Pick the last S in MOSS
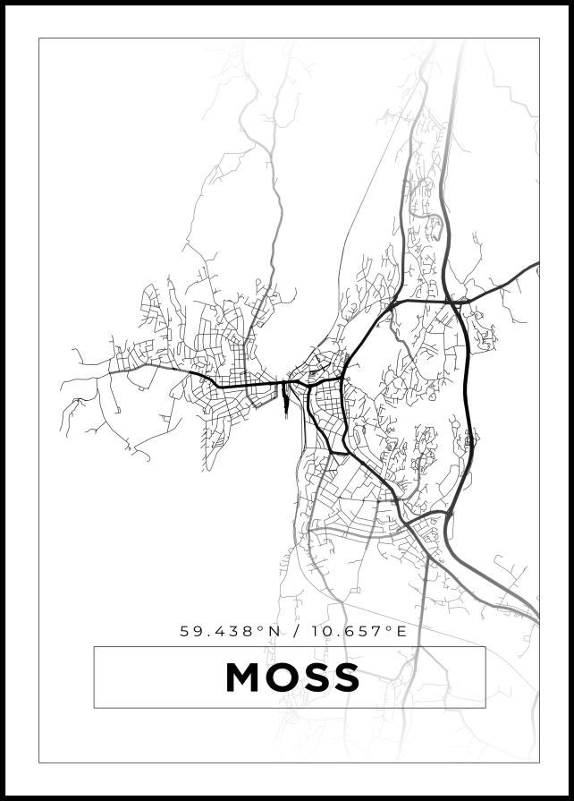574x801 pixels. pyautogui.click(x=346, y=677)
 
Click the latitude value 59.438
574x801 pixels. pyautogui.click(x=218, y=631)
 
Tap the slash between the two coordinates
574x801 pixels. pyautogui.click(x=296, y=631)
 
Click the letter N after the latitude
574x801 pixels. pyautogui.click(x=274, y=631)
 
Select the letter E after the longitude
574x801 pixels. pyautogui.click(x=401, y=631)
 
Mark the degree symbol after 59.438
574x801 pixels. pyautogui.click(x=261, y=627)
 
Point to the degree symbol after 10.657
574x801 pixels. pyautogui.click(x=390, y=627)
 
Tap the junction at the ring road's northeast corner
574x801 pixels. pyautogui.click(x=454, y=303)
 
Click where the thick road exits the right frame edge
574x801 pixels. pyautogui.click(x=538, y=265)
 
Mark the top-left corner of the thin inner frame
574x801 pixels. pyautogui.click(x=38, y=38)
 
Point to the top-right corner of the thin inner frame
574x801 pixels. pyautogui.click(x=539, y=38)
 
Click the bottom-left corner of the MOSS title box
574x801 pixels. pyautogui.click(x=94, y=708)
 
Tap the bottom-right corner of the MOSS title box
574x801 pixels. pyautogui.click(x=485, y=708)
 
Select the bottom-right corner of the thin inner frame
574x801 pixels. pyautogui.click(x=539, y=763)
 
